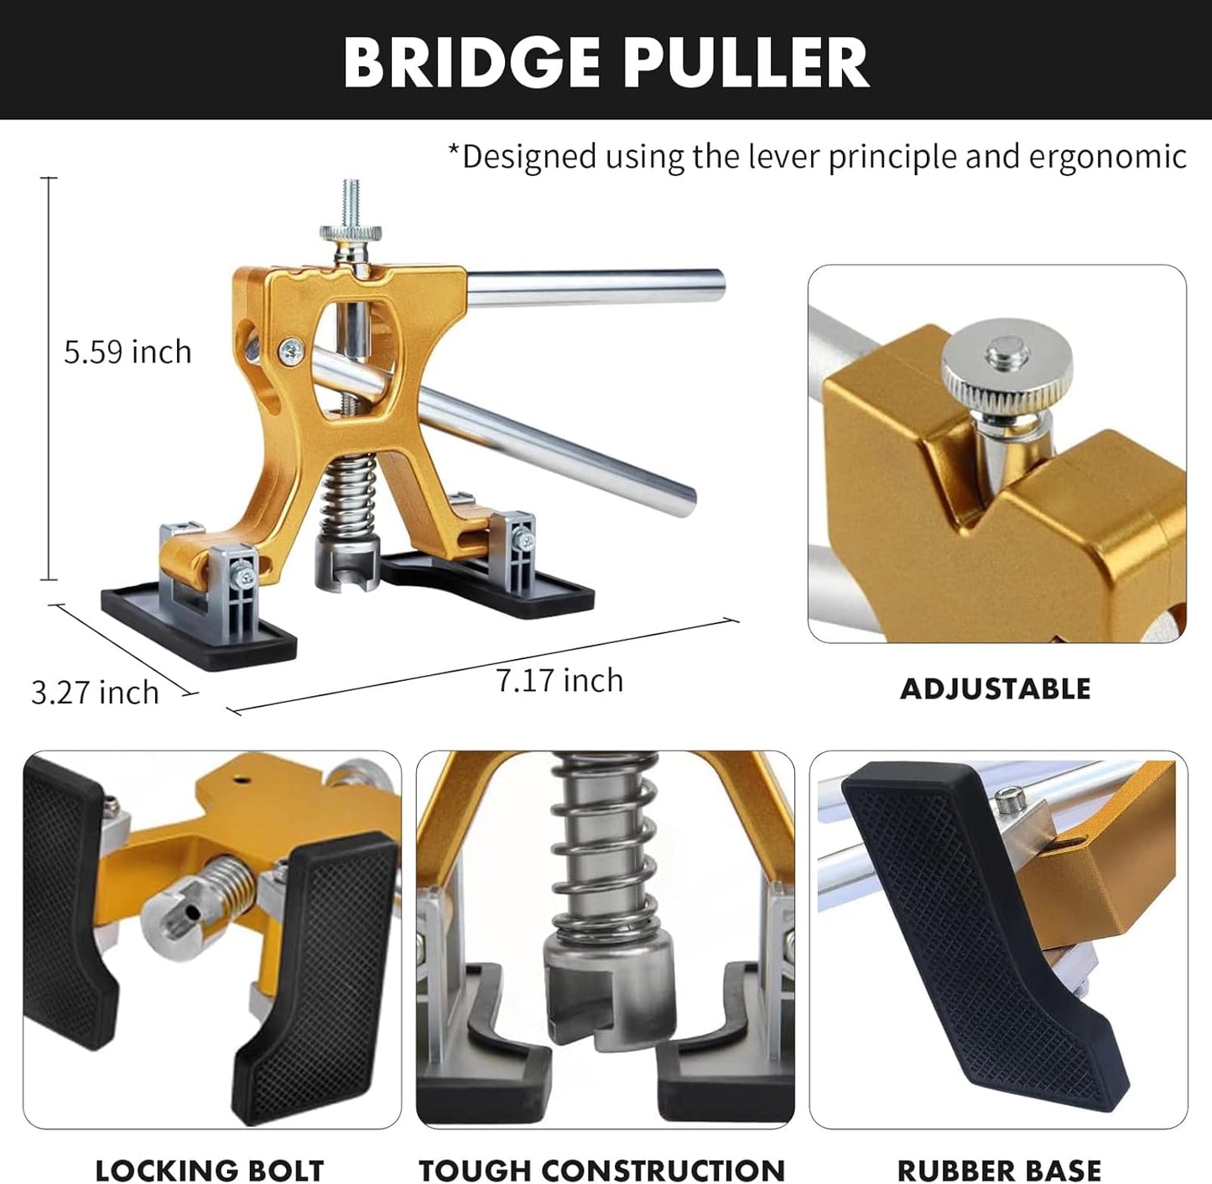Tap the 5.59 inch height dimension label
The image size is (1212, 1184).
coord(127,351)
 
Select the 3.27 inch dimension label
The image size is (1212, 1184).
coord(96,693)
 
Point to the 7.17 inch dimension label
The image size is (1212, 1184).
coord(559,679)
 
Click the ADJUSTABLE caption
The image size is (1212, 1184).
coord(996,689)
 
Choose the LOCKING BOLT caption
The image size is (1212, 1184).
coord(210,1170)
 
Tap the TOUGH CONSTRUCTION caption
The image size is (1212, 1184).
coord(601,1170)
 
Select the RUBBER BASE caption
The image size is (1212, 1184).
coord(999,1170)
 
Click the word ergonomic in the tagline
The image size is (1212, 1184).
coord(1107,157)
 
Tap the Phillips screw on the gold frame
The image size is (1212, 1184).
coord(292,352)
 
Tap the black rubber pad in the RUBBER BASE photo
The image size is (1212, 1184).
coord(984,934)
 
